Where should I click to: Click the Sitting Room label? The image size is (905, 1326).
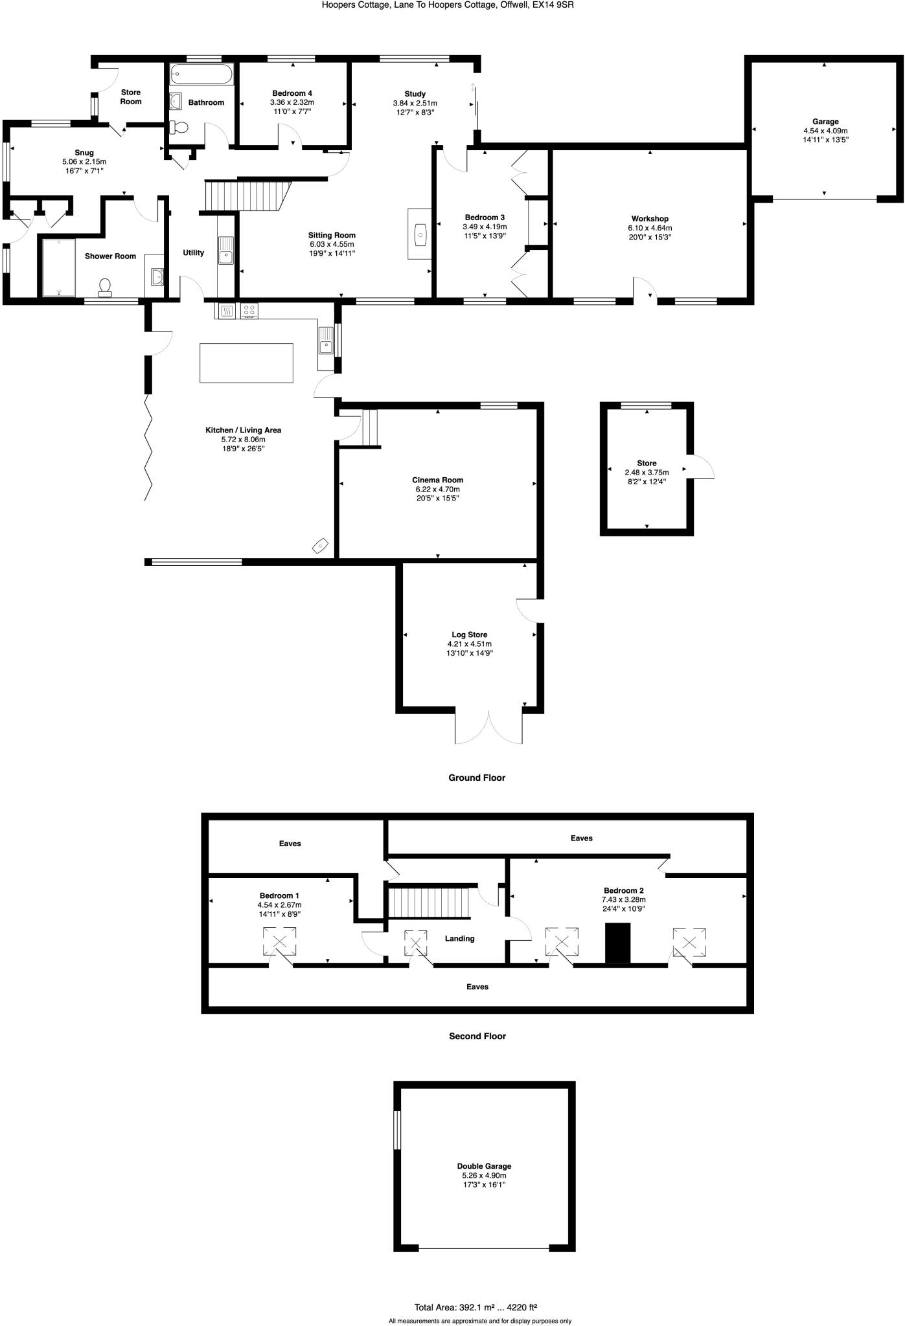(332, 235)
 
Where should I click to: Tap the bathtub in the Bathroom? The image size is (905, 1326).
(201, 75)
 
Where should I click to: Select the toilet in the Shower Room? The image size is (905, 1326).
(105, 287)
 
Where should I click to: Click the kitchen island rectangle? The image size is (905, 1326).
(246, 363)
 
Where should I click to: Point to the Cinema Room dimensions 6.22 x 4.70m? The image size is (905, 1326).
(438, 489)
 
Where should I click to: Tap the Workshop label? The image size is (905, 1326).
(649, 219)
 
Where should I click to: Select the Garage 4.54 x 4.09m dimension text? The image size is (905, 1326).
(825, 130)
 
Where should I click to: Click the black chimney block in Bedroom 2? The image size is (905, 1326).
(617, 943)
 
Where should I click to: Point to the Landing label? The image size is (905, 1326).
(459, 938)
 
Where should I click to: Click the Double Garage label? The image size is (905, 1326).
(484, 1166)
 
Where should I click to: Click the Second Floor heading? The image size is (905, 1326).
(477, 1036)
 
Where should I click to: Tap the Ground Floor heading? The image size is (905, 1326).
(476, 778)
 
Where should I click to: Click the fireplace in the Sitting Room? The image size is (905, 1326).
(420, 234)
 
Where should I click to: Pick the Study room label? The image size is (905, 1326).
(415, 94)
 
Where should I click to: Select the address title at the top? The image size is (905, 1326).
(448, 5)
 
